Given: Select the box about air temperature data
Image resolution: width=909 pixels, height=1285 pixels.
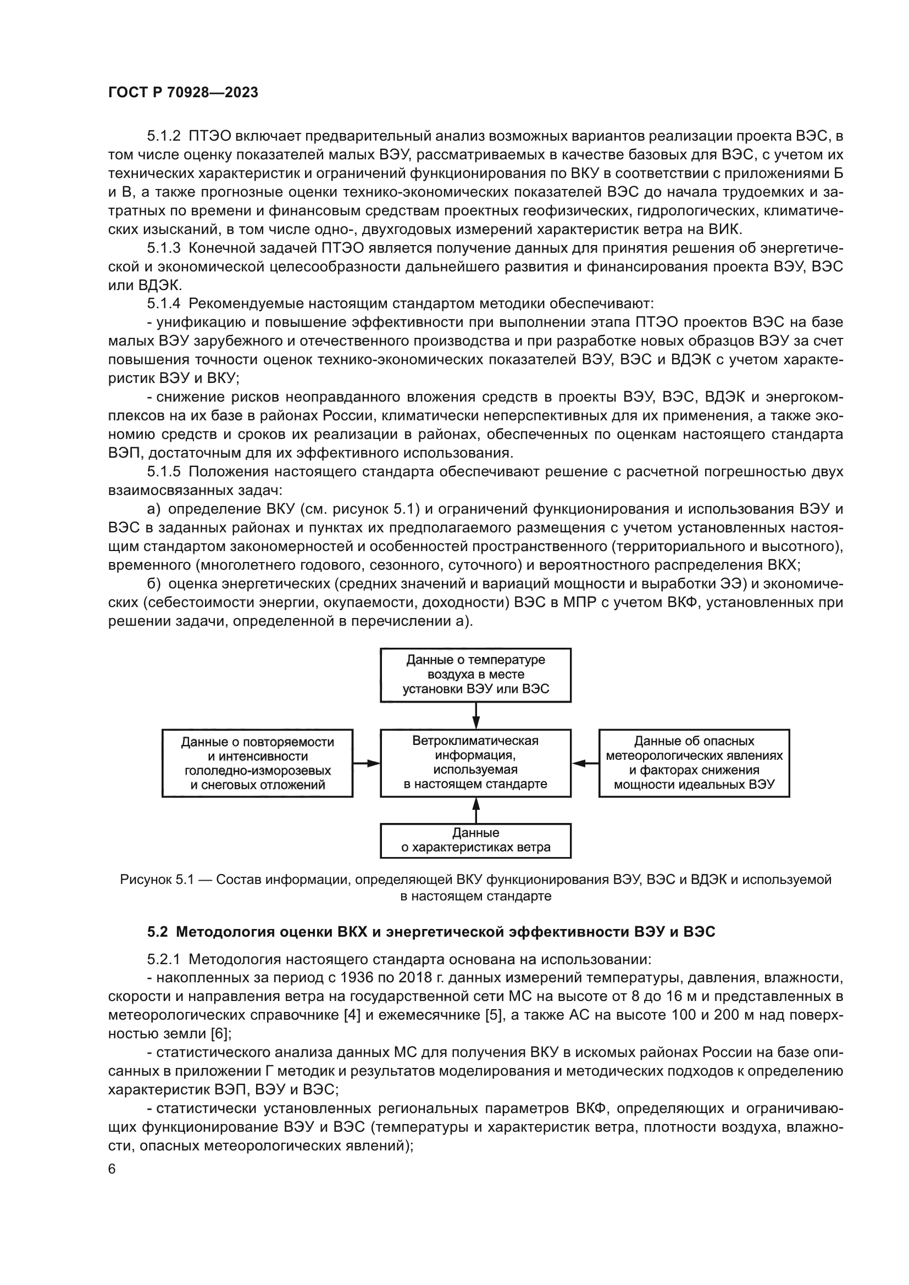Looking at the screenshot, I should [x=475, y=675].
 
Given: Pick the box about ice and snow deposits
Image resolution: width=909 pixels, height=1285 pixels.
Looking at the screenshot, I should [x=257, y=763].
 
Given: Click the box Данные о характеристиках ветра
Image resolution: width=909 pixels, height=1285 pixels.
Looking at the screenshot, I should [x=475, y=840].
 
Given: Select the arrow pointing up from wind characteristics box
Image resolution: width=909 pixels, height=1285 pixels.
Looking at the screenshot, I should [x=476, y=810].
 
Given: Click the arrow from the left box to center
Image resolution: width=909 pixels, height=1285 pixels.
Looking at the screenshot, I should [x=367, y=763].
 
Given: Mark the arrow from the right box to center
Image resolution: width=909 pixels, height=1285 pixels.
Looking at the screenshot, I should [x=585, y=763].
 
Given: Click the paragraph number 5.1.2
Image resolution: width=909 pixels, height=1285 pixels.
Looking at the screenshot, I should [x=164, y=136].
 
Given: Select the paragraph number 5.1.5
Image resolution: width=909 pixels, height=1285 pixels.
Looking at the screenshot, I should [x=164, y=472].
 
